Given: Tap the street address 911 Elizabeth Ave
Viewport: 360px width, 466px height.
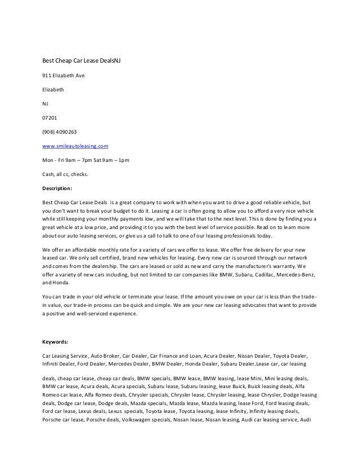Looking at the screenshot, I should point(64,74).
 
